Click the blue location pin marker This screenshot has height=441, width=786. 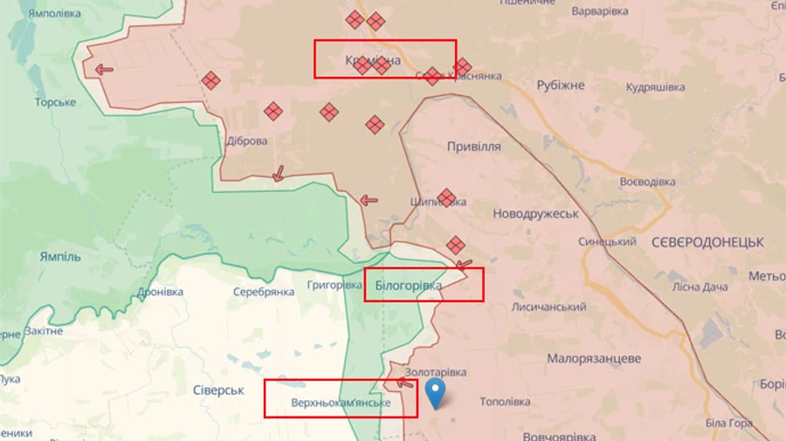pos(434,394)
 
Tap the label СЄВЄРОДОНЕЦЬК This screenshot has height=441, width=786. pos(707,242)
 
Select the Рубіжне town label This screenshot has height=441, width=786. pos(560,86)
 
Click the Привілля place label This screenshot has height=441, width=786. pos(473,147)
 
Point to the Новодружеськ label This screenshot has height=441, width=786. pos(535,214)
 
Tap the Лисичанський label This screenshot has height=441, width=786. pos(548,307)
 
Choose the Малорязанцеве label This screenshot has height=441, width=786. pos(594,359)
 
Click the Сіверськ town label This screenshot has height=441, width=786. pos(218,390)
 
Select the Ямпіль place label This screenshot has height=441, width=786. pos(60,257)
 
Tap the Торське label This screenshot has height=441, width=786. pos(55,102)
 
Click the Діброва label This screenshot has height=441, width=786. pos(247,141)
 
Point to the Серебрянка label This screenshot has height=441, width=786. pos(263,292)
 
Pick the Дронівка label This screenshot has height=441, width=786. pos(161,292)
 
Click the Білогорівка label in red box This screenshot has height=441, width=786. pos(408,286)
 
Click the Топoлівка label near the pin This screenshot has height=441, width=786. pos(505,402)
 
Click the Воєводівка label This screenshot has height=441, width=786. pos(648,182)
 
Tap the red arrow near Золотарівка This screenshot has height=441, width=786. pos(404,382)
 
